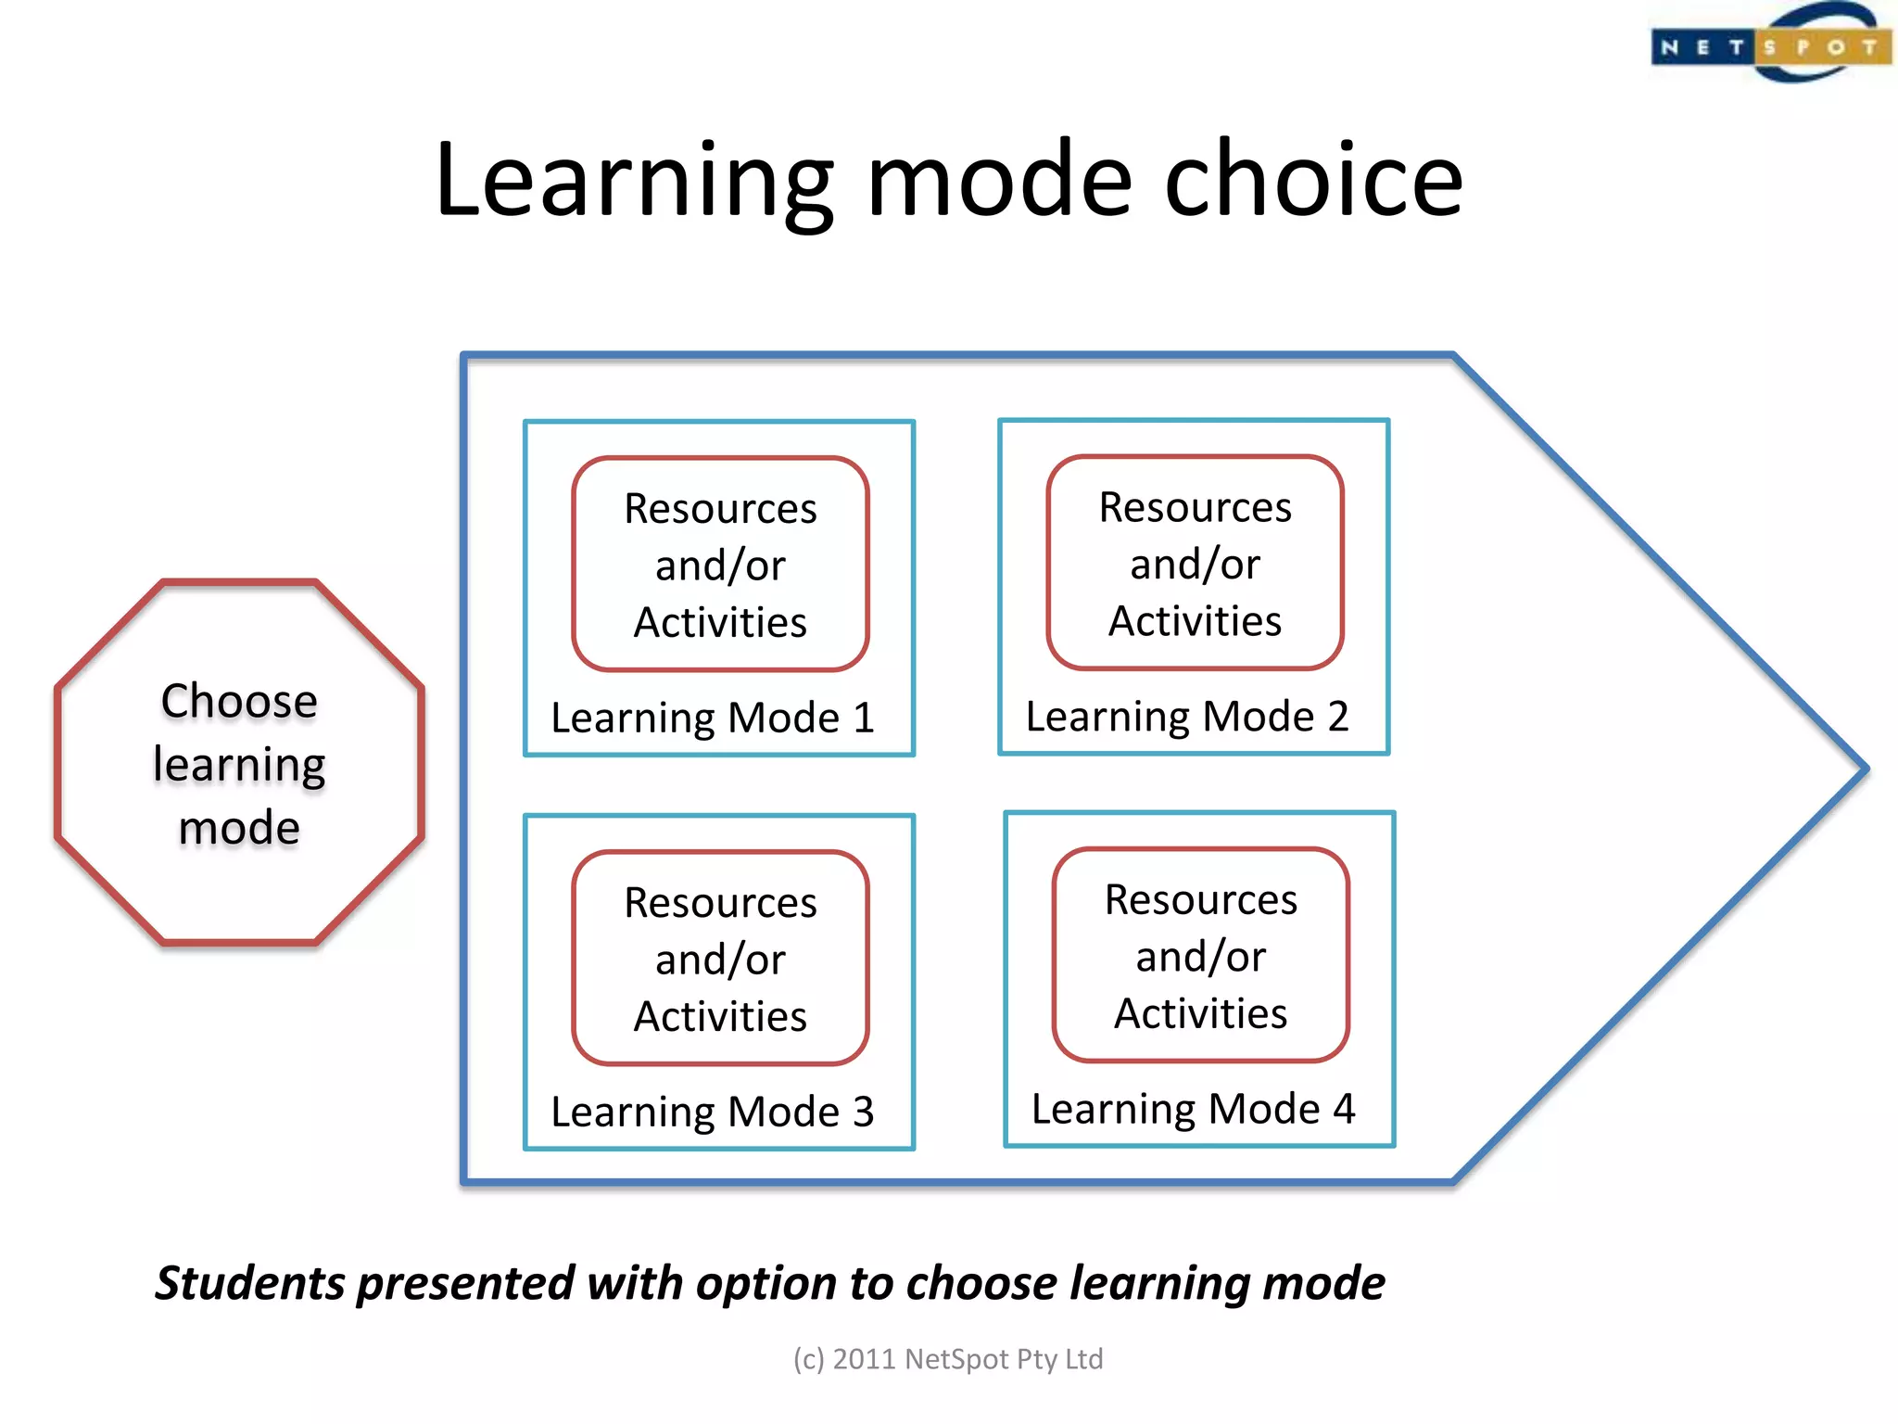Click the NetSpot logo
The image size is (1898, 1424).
[x=1770, y=44]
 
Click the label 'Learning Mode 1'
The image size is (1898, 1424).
[x=712, y=718]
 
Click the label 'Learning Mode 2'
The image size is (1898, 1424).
[x=1186, y=717]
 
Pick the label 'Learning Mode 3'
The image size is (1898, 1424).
[x=712, y=1112]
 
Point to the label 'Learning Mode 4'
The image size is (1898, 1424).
[x=1193, y=1109]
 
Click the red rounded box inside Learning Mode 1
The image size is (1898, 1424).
[x=720, y=564]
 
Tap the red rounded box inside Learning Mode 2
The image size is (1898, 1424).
[x=1195, y=563]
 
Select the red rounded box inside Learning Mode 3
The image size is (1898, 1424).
[x=720, y=958]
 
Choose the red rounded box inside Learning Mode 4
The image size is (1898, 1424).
[x=1200, y=955]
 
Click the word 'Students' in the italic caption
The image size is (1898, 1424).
[x=249, y=1283]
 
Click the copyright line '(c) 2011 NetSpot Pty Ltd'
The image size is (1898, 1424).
[x=948, y=1359]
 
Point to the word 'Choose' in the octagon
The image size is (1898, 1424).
[x=239, y=700]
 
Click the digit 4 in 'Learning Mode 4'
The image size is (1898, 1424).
[x=1344, y=1109]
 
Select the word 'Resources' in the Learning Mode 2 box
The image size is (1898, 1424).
[x=1195, y=507]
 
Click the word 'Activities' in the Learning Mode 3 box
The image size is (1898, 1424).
[x=720, y=1016]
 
